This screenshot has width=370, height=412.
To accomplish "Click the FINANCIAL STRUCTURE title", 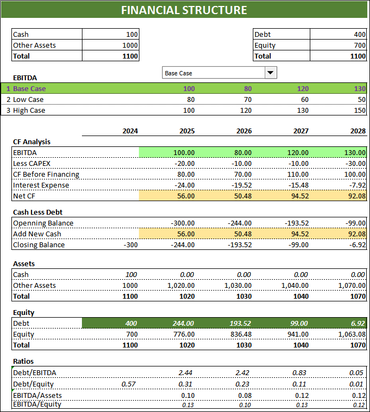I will [x=184, y=10].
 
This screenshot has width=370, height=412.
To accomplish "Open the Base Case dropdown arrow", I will [x=270, y=73].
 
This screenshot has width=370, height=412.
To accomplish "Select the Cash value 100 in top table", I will [x=132, y=34].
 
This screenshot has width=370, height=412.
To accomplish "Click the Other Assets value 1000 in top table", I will [x=130, y=45].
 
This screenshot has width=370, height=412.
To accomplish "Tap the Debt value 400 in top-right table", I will [x=359, y=34].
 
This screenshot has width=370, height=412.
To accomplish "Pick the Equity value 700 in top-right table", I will [x=359, y=45].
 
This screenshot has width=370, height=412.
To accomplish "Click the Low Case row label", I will [x=28, y=99].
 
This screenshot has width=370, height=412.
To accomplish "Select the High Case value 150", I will [x=359, y=110].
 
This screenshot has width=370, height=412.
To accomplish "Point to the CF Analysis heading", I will [x=31, y=141].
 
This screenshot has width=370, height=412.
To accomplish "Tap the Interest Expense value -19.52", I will [x=240, y=185].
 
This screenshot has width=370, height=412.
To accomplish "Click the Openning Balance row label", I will [x=43, y=223].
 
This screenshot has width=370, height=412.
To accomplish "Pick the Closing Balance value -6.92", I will [x=357, y=244].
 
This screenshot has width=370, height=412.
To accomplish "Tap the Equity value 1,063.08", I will [x=351, y=334].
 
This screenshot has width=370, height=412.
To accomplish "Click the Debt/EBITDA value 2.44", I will [x=187, y=372].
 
